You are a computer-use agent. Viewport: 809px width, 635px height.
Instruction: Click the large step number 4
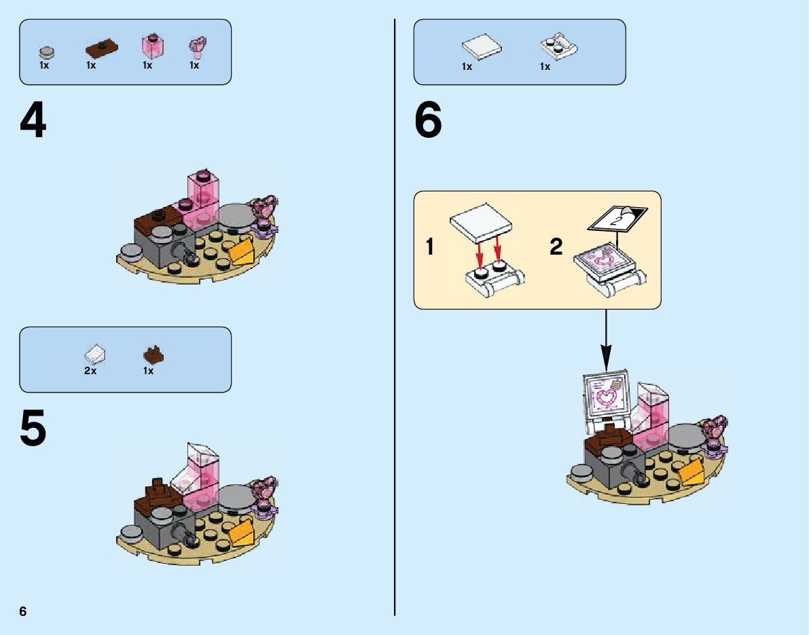33,122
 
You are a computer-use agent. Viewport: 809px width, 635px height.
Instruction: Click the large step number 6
428,122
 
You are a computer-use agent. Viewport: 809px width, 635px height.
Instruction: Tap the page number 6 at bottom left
23,611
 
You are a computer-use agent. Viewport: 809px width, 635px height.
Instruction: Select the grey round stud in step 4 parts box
46,52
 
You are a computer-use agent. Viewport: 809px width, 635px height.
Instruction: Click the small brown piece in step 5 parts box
153,355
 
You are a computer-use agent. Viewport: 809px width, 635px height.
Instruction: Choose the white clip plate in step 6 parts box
558,46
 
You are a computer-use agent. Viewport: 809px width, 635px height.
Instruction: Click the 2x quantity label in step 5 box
90,371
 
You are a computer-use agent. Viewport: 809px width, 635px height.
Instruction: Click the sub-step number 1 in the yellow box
429,247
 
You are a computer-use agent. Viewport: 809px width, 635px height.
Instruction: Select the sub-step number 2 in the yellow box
556,247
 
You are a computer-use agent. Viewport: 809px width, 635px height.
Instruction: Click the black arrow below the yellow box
606,340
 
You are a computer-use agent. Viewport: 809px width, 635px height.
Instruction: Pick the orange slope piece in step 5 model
241,533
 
